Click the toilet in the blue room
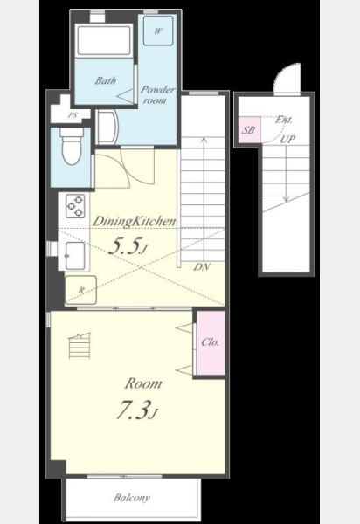(71, 146)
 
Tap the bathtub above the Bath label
(104, 41)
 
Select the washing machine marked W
(158, 31)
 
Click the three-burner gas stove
(75, 206)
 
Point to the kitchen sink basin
(75, 256)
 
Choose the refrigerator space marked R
(80, 290)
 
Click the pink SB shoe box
(249, 130)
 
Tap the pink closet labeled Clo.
(211, 342)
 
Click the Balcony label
(131, 498)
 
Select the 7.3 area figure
(136, 410)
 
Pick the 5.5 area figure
(128, 246)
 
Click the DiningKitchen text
(134, 222)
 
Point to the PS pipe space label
(73, 115)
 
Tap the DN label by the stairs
(202, 266)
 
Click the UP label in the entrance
(287, 139)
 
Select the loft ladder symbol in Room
(80, 346)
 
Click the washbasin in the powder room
(107, 128)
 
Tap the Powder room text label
(157, 94)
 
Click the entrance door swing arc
(282, 75)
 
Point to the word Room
(143, 383)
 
